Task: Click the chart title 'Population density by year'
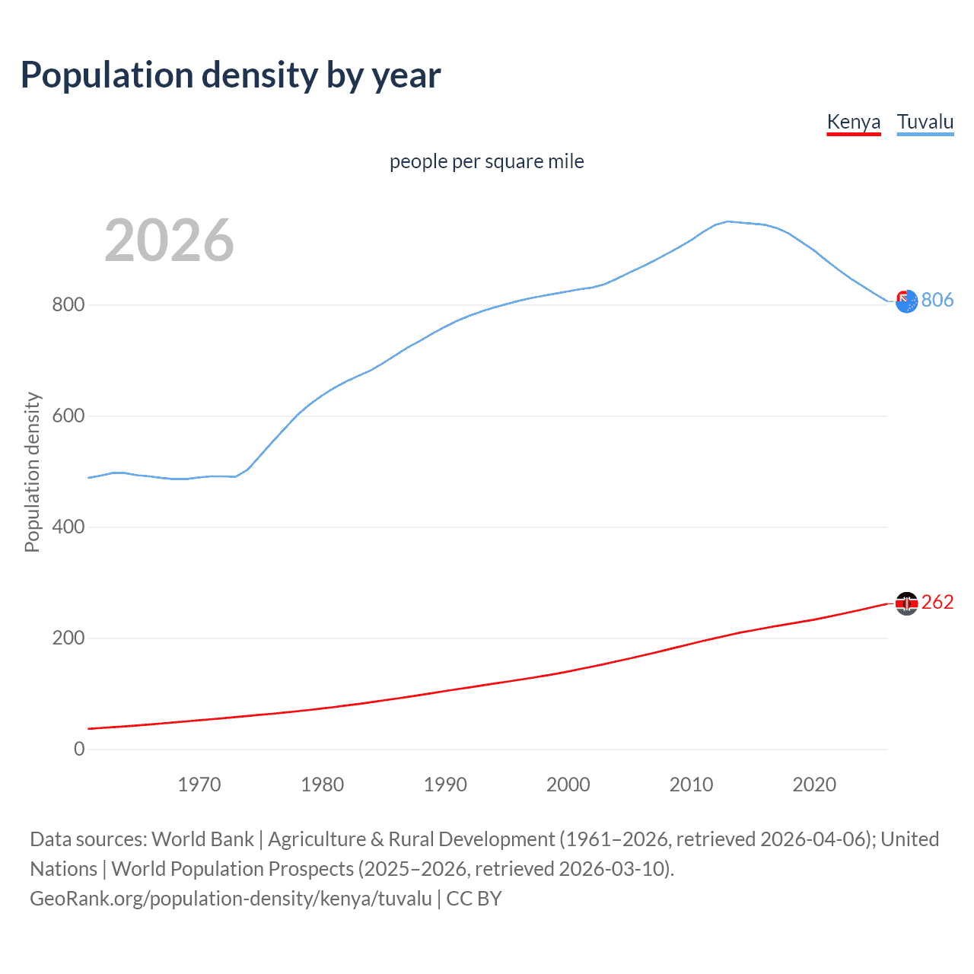pos(231,75)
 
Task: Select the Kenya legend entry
pos(853,122)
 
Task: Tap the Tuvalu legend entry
pos(925,122)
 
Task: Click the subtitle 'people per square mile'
pos(486,161)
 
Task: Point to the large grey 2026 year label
pos(169,240)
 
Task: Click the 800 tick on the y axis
pos(68,305)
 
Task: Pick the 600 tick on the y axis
pos(68,416)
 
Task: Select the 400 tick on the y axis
pos(68,527)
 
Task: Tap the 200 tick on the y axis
pos(68,638)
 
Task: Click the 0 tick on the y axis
pos(79,750)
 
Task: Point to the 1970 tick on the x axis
pos(199,785)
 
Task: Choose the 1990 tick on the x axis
pos(445,785)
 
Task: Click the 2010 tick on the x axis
pos(691,785)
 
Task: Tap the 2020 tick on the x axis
pos(814,785)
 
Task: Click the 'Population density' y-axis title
pos(32,472)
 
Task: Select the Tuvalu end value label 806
pos(937,301)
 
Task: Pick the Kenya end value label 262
pos(937,603)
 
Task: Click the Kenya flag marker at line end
pos(906,603)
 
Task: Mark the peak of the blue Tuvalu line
pos(728,221)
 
